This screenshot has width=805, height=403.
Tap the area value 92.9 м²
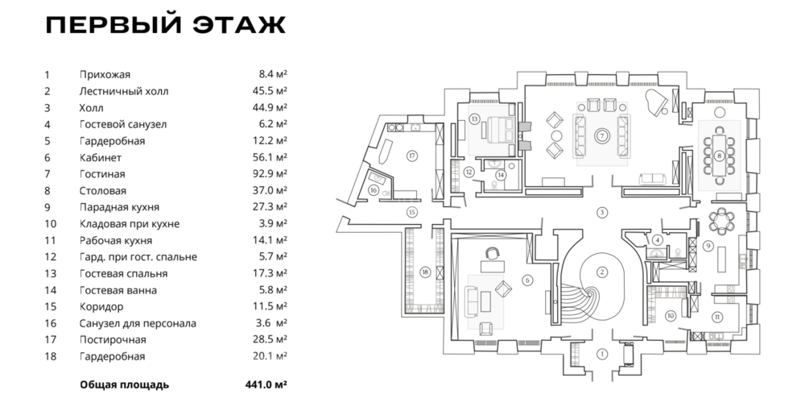(x=270, y=174)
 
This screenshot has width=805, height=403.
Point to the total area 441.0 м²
(x=269, y=384)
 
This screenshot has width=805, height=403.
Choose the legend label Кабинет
(x=100, y=157)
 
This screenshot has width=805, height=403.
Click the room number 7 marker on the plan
(x=601, y=135)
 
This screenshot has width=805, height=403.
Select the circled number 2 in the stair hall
(x=601, y=272)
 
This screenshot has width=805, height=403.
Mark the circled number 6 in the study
(x=526, y=280)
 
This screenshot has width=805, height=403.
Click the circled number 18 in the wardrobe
(x=424, y=271)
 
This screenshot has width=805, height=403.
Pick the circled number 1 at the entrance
(x=601, y=353)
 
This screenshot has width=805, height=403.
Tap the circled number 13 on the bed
(x=475, y=118)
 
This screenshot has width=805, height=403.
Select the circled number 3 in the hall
(x=601, y=212)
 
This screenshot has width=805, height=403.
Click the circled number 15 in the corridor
(x=411, y=212)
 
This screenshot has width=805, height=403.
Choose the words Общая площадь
(x=124, y=384)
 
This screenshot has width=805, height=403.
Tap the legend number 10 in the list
(x=50, y=224)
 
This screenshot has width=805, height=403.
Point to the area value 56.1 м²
(x=270, y=157)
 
